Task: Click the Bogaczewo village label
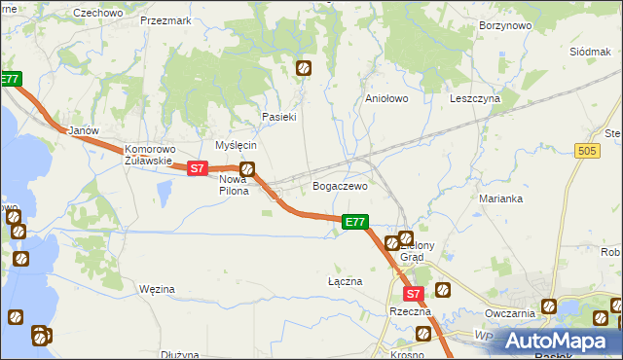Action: (339, 186)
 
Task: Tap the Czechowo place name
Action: (98, 13)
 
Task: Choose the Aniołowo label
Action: (385, 98)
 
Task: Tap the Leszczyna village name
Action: (475, 98)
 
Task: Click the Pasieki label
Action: (278, 117)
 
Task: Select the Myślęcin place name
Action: (236, 144)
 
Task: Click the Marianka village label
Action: (501, 198)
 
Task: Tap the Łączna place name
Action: (345, 281)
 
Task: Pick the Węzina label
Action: (157, 289)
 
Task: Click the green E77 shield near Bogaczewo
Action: (355, 223)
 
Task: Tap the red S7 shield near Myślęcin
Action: (198, 168)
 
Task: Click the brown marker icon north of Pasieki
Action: (304, 68)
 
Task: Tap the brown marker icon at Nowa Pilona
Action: (247, 169)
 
